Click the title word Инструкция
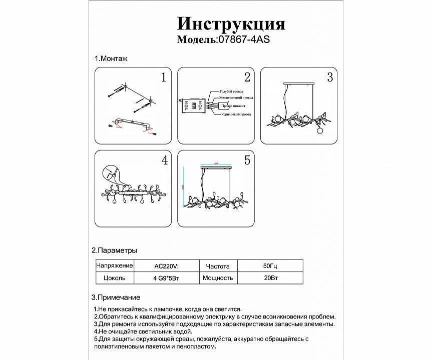coord(231,23)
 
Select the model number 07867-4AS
coord(243,39)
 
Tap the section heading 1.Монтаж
coord(111,58)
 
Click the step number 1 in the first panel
coord(163,77)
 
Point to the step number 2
coord(247,77)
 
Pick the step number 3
coord(329,77)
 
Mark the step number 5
coord(247,160)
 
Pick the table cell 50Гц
coord(268,266)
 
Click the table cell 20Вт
coord(268,278)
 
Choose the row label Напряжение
coord(115,266)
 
